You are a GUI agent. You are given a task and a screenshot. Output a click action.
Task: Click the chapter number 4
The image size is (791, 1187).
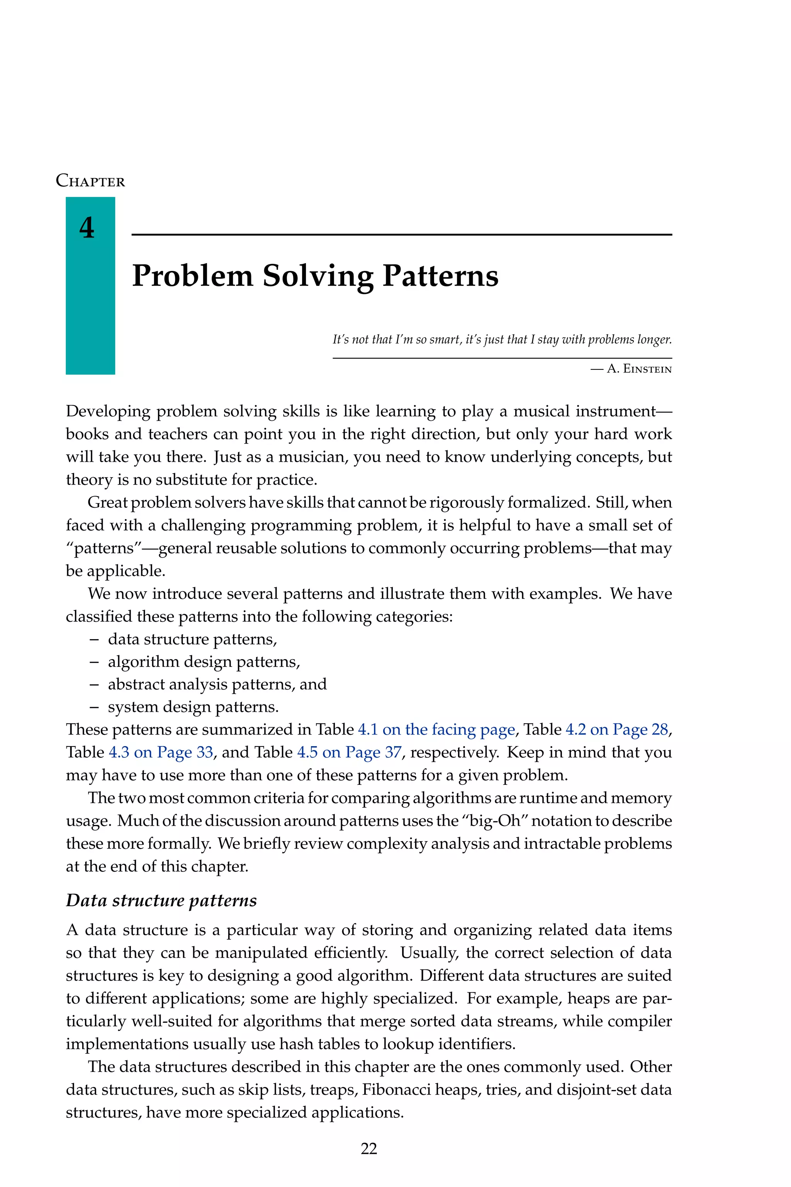(x=87, y=228)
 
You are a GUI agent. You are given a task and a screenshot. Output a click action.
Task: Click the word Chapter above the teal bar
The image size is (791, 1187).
(x=90, y=181)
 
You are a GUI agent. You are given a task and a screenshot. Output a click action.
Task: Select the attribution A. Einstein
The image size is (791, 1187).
(x=639, y=369)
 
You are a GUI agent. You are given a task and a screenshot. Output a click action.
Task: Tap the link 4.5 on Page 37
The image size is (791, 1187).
(x=349, y=752)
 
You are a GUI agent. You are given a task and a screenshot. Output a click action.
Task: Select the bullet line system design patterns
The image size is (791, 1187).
(x=193, y=707)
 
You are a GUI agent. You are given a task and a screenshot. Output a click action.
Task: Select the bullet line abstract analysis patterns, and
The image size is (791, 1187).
(x=217, y=684)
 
